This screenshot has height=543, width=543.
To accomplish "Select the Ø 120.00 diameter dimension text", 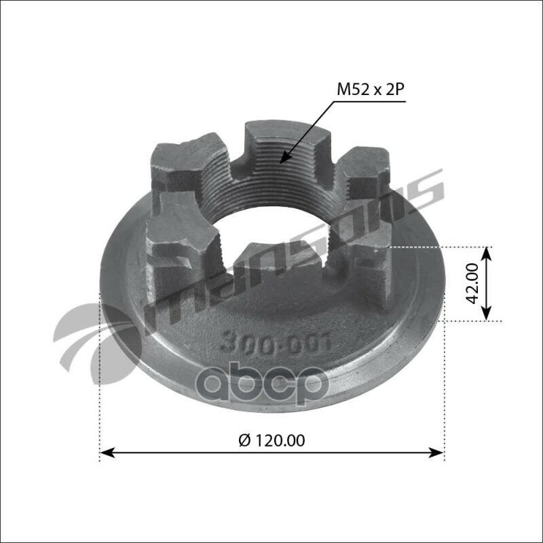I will (271, 439).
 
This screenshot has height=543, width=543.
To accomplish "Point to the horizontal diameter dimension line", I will (204, 451).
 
